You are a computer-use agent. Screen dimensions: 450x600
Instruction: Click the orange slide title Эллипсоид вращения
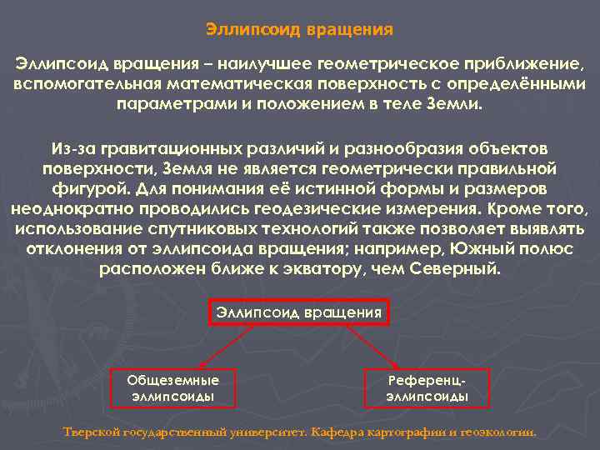click(x=299, y=29)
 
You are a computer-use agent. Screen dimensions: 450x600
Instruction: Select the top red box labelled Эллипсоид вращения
click(x=299, y=312)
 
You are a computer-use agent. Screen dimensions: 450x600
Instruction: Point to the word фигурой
click(x=104, y=188)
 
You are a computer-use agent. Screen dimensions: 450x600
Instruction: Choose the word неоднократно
click(x=70, y=208)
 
